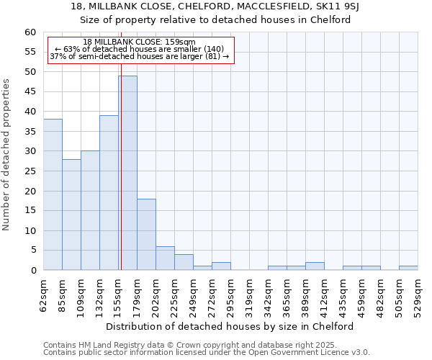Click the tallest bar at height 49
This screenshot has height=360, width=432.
[x=127, y=173]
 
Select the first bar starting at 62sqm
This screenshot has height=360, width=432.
[x=53, y=194]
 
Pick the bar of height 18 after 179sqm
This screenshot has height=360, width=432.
[x=146, y=235]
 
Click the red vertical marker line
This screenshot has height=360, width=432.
[x=121, y=144]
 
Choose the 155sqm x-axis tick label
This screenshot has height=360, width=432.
[x=118, y=293]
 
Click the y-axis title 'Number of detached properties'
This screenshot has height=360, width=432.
[x=7, y=155]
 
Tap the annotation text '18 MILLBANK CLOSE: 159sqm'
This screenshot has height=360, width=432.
[x=139, y=42]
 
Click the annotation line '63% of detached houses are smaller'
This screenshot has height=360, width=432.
[x=139, y=49]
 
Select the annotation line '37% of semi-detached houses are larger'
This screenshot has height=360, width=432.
[x=139, y=56]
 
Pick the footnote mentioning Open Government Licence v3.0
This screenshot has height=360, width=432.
[x=207, y=352]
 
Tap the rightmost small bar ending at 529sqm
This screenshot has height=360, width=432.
[x=408, y=268]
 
